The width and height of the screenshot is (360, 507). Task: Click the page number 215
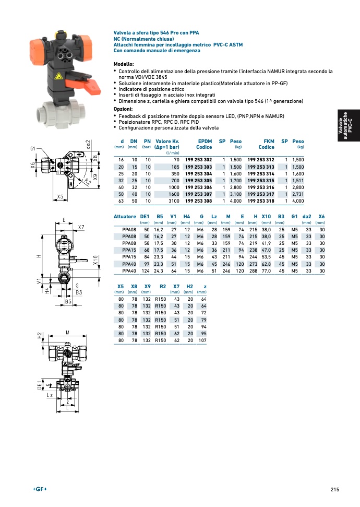334,489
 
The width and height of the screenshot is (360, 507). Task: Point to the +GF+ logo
40,489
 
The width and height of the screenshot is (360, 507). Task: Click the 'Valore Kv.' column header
167,141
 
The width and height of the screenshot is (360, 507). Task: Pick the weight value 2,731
297,194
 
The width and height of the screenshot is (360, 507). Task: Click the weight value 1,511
297,180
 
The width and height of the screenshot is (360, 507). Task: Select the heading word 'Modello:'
124,64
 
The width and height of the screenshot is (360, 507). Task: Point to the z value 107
202,340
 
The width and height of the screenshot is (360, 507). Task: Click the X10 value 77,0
266,271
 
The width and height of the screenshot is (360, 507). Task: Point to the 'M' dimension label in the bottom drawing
68,332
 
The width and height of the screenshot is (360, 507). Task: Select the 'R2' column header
162,287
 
